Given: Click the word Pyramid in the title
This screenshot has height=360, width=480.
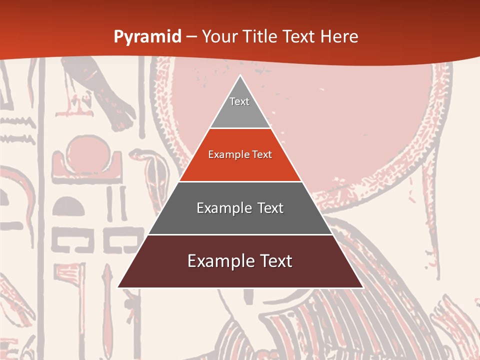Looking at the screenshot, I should (147, 37).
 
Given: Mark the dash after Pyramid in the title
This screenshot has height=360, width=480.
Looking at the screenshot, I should (191, 37).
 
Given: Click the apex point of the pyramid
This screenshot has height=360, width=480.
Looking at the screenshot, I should (240, 75).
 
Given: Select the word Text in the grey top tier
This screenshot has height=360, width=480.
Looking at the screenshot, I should (239, 101).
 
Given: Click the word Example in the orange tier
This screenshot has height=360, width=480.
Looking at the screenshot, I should (227, 154).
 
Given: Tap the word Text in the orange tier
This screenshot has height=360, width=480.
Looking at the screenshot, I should (261, 154).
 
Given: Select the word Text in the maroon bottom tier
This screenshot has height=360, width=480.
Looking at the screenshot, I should (273, 261).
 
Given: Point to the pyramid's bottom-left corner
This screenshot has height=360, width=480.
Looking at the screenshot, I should (118, 287).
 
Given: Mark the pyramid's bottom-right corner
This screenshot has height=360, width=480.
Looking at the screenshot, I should (363, 287).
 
